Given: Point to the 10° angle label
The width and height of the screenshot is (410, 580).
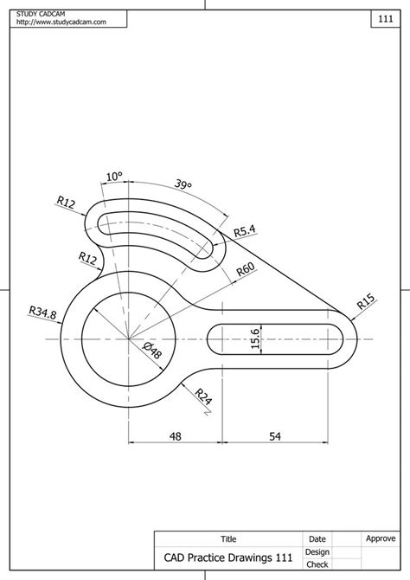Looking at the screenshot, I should (x=113, y=176).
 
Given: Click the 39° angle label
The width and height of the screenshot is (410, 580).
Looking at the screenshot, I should (x=183, y=185).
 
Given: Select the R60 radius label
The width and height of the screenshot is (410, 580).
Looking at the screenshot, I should (x=246, y=271).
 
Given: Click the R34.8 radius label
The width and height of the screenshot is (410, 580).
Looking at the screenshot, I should (x=42, y=313).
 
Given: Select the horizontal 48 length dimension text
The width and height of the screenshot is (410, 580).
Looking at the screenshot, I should (x=176, y=437).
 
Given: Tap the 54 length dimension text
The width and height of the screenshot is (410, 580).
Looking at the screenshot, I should (x=275, y=437).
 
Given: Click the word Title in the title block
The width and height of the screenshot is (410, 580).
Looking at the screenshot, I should (x=228, y=538).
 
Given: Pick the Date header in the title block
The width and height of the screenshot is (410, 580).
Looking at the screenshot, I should (x=317, y=538).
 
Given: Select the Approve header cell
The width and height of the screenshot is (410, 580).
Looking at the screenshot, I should (x=381, y=538).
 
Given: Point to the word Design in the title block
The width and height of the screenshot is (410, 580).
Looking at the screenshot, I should (x=317, y=551).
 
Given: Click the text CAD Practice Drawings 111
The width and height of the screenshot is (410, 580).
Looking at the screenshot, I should (x=228, y=558).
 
